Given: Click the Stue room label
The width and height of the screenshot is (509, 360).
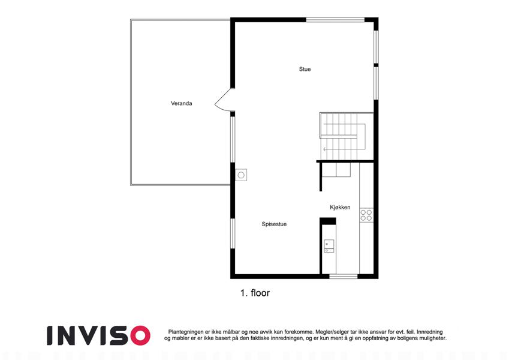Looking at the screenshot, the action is tap(305, 69).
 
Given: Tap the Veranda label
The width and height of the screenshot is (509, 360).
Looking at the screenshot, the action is tap(182, 103).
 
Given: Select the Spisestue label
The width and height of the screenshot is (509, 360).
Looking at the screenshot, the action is tap(274, 224).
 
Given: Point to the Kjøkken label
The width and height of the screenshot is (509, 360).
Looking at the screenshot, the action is tap(340, 207).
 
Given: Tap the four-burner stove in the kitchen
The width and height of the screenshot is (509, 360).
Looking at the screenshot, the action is tap(366, 215).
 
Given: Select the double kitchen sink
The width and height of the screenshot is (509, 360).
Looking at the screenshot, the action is tap(329, 246).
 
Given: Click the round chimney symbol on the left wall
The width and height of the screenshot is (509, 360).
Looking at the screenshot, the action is tap(241, 175).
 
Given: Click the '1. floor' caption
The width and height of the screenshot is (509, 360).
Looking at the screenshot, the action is tap(255, 293).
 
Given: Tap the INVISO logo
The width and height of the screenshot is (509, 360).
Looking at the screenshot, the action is tap(98, 335).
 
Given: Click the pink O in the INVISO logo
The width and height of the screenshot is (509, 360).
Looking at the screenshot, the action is tap(140, 335).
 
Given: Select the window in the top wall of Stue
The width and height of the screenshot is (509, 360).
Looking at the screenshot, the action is tap(335, 20).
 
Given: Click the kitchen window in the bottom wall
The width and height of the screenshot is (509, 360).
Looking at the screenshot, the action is tap(344, 277).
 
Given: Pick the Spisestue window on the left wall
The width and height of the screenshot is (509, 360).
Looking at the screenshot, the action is tap(233, 233).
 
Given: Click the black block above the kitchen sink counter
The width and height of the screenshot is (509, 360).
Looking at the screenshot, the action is tap(328, 221).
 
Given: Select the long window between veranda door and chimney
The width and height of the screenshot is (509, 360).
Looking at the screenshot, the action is tap(233, 139).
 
